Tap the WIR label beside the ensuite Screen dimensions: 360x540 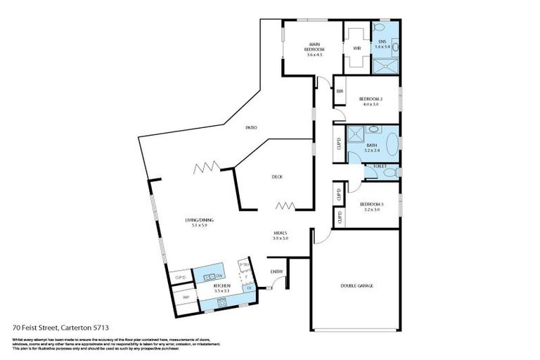pos(357,49)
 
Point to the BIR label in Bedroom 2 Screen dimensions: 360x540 pos(340,91)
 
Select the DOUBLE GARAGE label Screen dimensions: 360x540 pos(356,285)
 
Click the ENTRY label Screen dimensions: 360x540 pos(276,271)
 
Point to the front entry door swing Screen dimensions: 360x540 pos(280,283)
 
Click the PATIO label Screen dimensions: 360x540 pos(250,127)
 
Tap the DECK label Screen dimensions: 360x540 pos(277,176)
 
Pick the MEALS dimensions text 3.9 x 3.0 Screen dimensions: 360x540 pos(281,238)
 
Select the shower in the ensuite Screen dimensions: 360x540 pos(384,65)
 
